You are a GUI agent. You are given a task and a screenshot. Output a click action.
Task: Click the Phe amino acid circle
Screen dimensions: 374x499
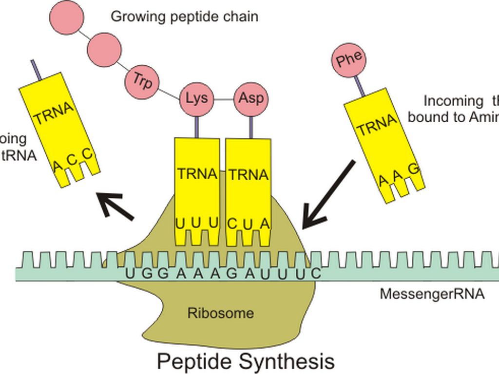[349, 59]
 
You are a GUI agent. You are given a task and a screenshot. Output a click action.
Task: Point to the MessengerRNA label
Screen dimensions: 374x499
[432, 294]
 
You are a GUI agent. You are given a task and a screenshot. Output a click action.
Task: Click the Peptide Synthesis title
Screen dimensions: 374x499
[246, 362]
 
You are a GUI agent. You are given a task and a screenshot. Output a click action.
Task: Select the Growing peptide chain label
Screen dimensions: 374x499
[184, 17]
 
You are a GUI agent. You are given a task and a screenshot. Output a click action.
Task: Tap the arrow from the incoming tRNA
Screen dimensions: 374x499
[328, 195]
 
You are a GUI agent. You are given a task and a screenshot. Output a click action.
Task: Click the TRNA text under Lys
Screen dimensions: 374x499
[197, 174]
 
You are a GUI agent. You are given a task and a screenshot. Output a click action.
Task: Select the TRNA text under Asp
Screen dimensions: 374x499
[249, 175]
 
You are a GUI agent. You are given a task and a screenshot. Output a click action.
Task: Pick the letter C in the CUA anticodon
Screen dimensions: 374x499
[232, 224]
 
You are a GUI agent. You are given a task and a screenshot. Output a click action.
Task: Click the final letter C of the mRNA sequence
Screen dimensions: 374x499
[315, 273]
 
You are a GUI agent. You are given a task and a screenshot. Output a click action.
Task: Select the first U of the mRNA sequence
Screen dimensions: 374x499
[129, 273]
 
